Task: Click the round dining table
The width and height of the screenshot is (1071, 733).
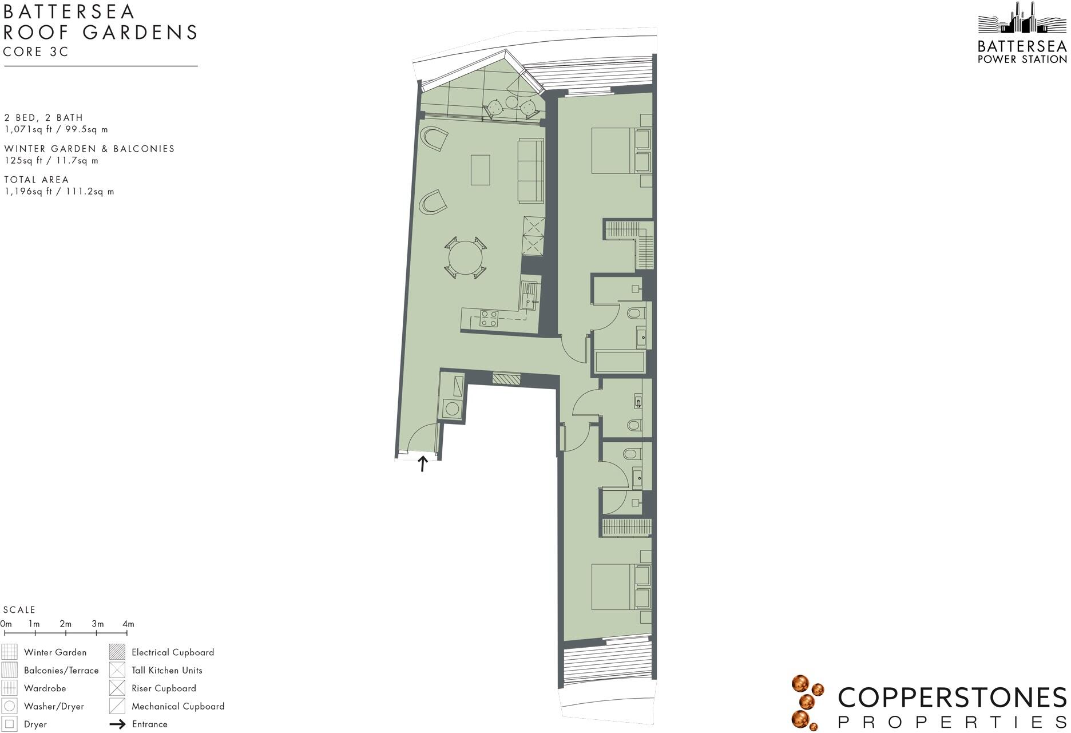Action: [x=465, y=259]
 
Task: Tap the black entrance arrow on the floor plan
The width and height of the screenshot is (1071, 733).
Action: [x=423, y=463]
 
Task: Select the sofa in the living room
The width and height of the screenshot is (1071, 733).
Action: [x=530, y=171]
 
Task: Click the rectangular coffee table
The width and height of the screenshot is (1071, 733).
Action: [x=480, y=170]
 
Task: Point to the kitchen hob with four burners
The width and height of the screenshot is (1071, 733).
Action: [x=489, y=318]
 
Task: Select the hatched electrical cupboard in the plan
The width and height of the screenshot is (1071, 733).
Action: [x=506, y=378]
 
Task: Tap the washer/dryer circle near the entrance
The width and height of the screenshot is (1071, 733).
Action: [x=453, y=409]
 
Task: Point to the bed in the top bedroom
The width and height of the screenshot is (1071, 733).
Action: [x=613, y=150]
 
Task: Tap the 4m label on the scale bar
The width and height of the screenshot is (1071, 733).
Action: [x=128, y=624]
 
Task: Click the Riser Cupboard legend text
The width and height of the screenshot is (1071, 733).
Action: [x=164, y=688]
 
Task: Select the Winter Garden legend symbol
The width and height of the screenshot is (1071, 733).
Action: [x=9, y=652]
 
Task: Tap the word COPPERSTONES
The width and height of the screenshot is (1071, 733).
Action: [x=951, y=698]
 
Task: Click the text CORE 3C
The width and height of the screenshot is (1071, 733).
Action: [x=35, y=52]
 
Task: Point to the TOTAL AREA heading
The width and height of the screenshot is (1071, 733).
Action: [x=36, y=180]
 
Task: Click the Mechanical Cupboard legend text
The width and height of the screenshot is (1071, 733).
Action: [x=178, y=706]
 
